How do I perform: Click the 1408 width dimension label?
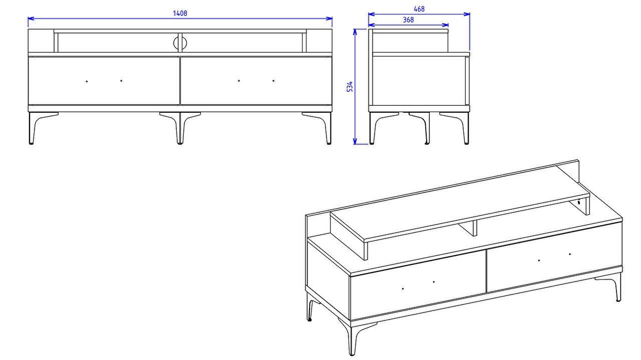180,13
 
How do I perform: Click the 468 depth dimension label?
419,9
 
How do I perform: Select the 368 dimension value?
408,20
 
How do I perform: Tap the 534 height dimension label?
350,87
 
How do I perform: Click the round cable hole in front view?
180,43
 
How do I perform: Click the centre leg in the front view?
180,128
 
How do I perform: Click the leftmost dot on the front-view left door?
87,81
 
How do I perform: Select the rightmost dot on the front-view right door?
273,81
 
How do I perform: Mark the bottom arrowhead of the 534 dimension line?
355,141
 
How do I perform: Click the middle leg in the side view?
423,127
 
